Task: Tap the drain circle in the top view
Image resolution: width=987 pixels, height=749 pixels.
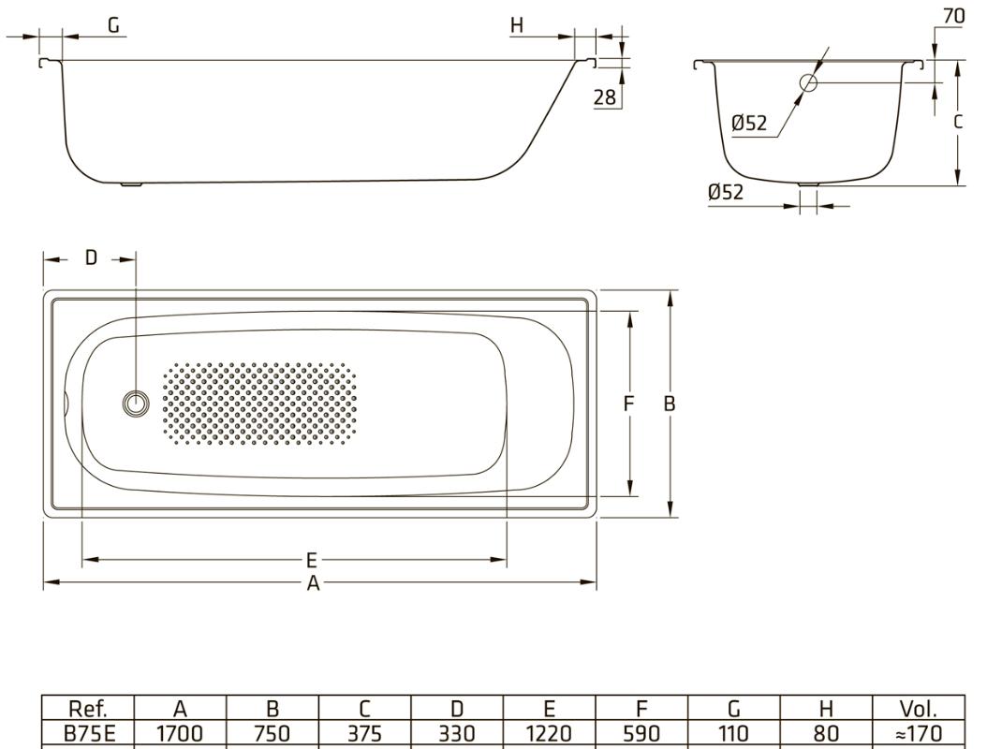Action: pyautogui.click(x=136, y=404)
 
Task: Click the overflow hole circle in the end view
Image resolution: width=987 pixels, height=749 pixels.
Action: pyautogui.click(x=807, y=83)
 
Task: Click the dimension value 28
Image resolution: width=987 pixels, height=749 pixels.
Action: pyautogui.click(x=607, y=97)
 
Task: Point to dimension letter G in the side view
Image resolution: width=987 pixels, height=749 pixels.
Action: pyautogui.click(x=114, y=25)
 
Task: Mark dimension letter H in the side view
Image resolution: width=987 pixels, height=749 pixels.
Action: pyautogui.click(x=517, y=25)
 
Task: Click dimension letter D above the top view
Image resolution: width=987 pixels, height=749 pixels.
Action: pyautogui.click(x=90, y=258)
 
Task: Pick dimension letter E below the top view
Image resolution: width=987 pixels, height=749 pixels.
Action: pyautogui.click(x=312, y=561)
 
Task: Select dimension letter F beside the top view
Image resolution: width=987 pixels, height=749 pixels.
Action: pyautogui.click(x=630, y=404)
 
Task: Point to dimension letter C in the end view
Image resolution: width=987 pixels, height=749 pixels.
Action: pyautogui.click(x=957, y=123)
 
